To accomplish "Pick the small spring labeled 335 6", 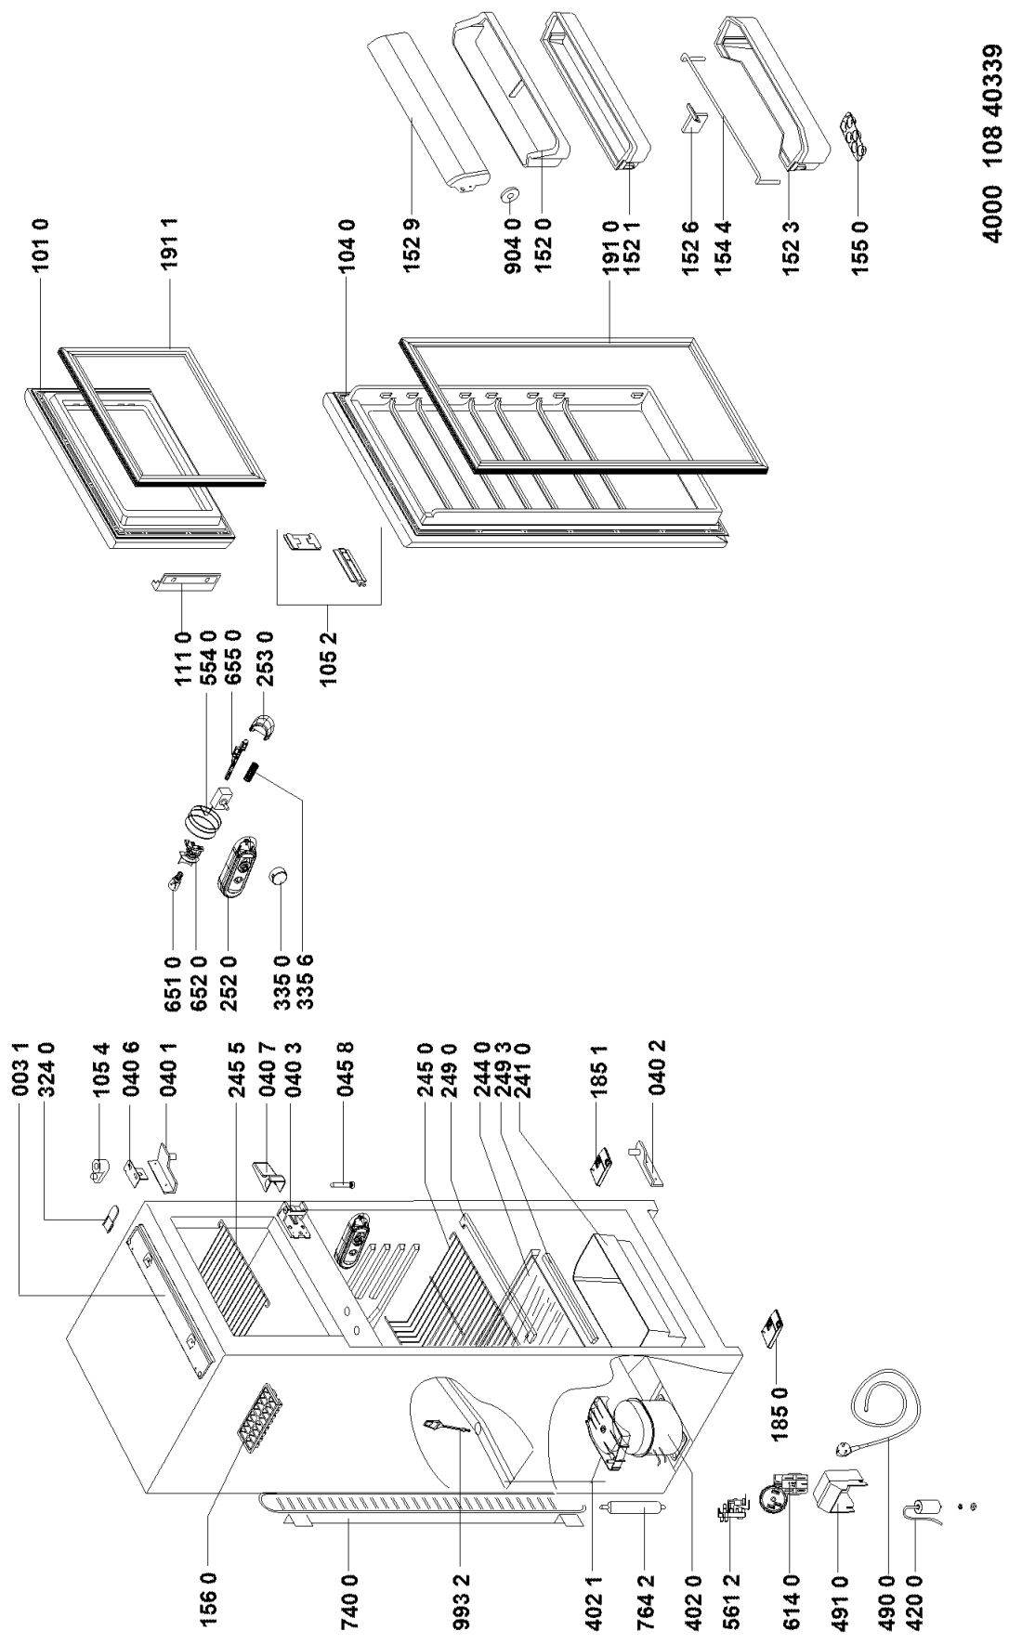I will click(x=251, y=773).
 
